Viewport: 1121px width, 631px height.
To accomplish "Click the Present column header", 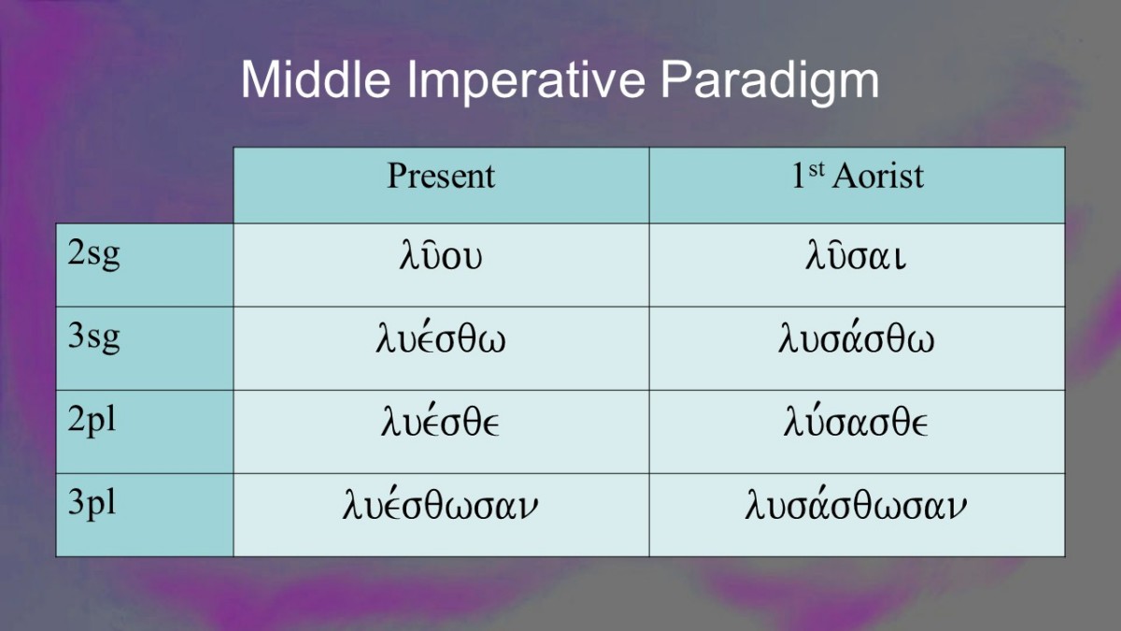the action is (x=441, y=176).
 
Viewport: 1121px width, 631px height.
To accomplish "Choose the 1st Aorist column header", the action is (x=858, y=176).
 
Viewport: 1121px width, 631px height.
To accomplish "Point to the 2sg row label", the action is (x=93, y=254).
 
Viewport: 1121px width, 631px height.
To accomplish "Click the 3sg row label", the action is (x=93, y=338).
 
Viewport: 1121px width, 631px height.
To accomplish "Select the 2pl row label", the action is (x=92, y=421).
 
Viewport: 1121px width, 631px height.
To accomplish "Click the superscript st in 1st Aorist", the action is (x=816, y=170).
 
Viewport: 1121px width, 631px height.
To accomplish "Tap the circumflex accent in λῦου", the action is (x=430, y=243).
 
